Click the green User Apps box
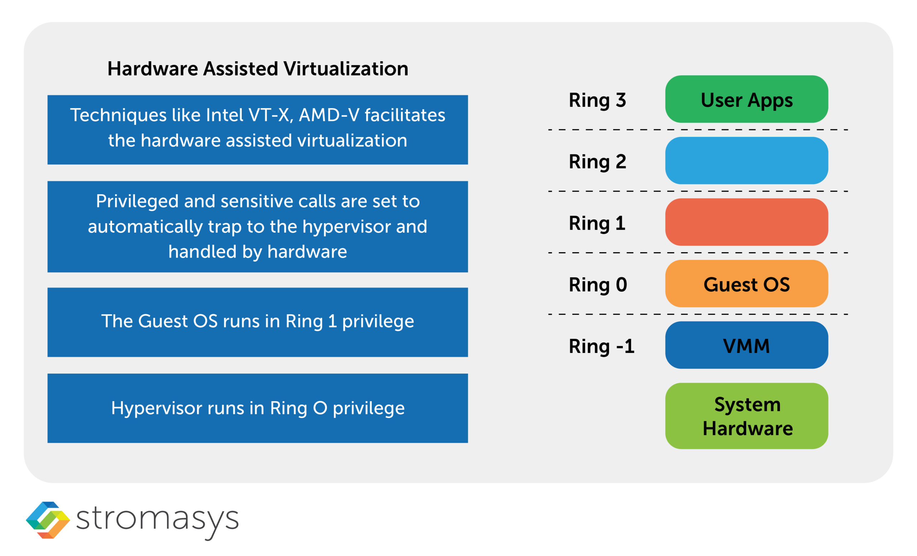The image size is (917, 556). [746, 99]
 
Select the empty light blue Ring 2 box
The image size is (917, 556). [746, 160]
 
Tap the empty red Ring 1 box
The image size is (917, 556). [746, 222]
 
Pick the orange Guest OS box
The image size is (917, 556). [746, 284]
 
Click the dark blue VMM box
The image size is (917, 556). [746, 345]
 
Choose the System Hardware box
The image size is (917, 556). [746, 416]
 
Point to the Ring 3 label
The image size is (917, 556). [597, 100]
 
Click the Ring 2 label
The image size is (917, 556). [597, 162]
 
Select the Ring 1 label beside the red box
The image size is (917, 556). [597, 223]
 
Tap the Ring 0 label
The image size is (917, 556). [598, 285]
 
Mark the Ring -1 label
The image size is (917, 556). [601, 346]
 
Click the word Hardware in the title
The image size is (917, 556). [153, 69]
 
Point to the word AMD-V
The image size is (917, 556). [329, 115]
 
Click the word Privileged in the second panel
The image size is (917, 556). [137, 201]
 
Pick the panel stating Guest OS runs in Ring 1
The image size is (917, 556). [258, 322]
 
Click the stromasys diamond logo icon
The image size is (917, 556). [48, 520]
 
